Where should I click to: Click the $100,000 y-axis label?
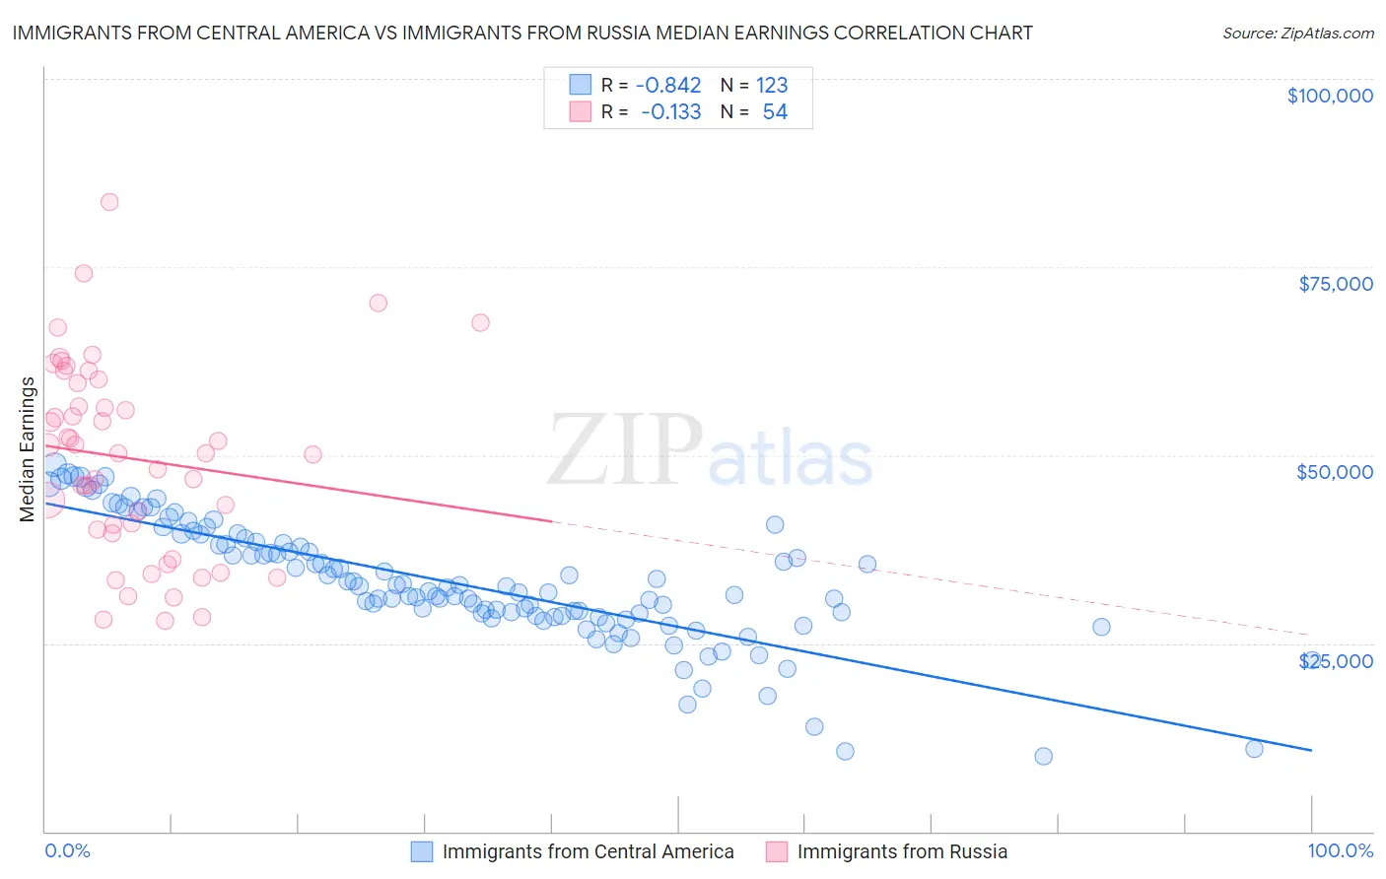tap(1329, 96)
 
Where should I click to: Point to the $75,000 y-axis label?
tap(1335, 284)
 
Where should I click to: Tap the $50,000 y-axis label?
tap(1334, 472)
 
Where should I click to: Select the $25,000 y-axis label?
tap(1335, 660)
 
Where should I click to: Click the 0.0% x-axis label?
tap(67, 850)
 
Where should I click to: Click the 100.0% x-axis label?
tap(1340, 850)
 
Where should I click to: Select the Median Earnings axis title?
tap(28, 449)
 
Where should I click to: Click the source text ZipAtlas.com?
tap(1297, 34)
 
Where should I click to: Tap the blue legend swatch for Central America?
tap(421, 851)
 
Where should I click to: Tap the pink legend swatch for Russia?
tap(776, 851)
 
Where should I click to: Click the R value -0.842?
tap(667, 85)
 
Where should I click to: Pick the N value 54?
tap(775, 112)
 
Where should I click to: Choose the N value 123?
tap(772, 85)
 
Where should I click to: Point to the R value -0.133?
tap(670, 112)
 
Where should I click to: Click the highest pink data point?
tap(109, 202)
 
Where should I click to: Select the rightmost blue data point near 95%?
tap(1254, 749)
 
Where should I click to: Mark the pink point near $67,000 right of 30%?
tap(480, 322)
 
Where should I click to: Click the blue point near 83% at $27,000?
tap(1101, 627)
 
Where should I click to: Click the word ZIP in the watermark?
tap(624, 450)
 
